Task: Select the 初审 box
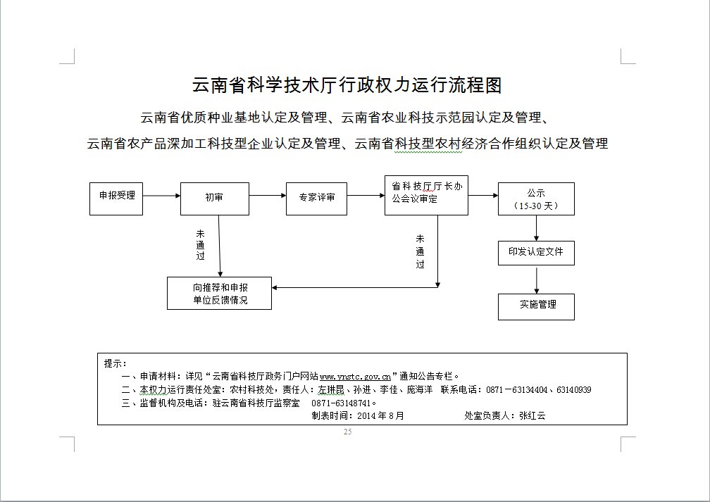215,199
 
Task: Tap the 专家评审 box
317,199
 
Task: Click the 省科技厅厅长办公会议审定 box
427,195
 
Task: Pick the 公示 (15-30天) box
536,199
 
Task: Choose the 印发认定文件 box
536,252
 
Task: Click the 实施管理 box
536,306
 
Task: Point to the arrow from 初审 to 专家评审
268,196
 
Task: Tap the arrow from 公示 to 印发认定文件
537,227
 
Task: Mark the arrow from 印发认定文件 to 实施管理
537,280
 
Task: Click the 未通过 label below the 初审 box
201,244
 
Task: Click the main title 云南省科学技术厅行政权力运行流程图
347,86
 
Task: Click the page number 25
347,432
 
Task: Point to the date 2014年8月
380,415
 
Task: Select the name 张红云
532,415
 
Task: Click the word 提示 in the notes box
113,363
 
